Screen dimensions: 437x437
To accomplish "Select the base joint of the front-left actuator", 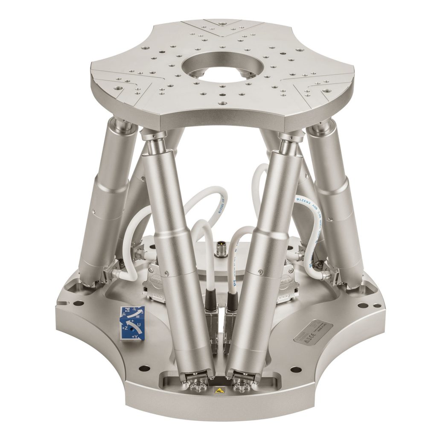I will [x=198, y=378].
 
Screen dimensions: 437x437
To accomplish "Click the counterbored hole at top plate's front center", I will [x=221, y=103].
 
